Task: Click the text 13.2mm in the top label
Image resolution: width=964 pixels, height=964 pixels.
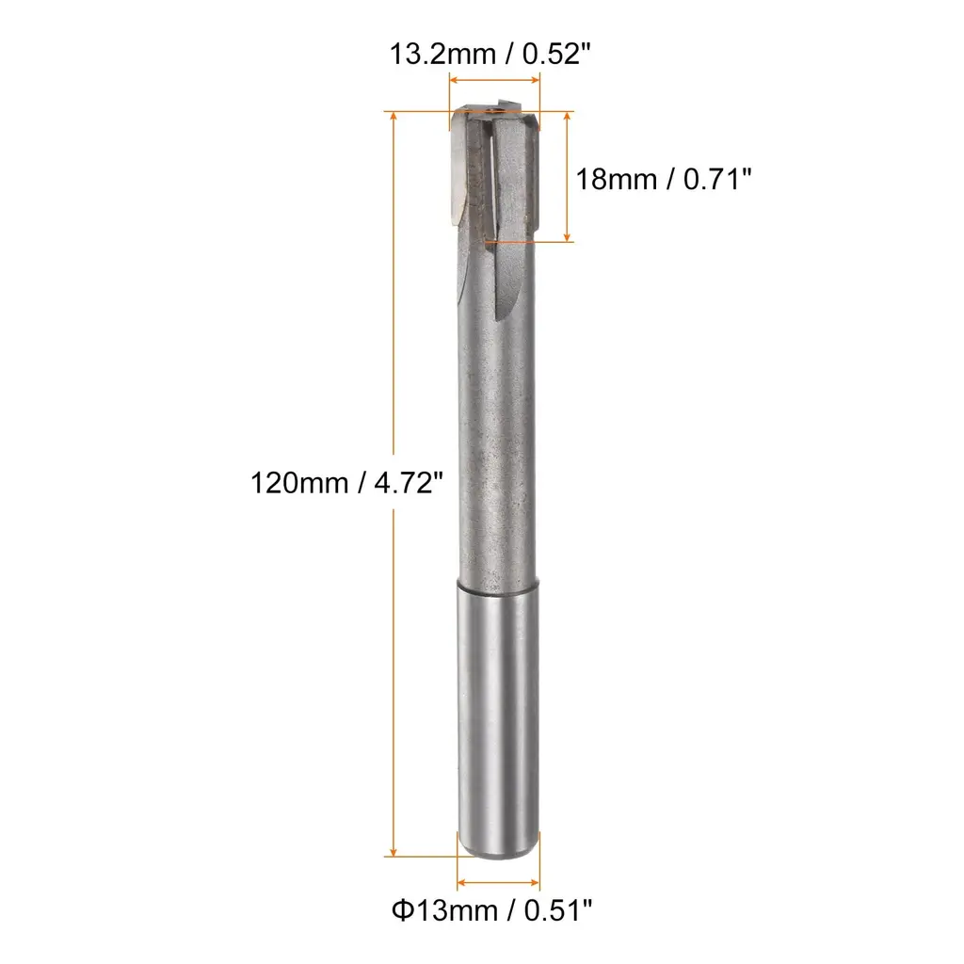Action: point(442,54)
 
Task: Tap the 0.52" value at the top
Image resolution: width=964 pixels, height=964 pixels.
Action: point(556,54)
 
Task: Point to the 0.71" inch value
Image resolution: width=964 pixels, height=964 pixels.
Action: point(717,180)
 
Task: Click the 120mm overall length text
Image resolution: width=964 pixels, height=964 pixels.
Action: point(299,483)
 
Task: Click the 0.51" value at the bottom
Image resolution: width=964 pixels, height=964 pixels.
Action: point(558,910)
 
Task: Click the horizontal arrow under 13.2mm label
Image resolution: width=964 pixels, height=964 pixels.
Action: point(494,80)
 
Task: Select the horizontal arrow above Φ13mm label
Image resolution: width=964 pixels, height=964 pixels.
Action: point(499,883)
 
